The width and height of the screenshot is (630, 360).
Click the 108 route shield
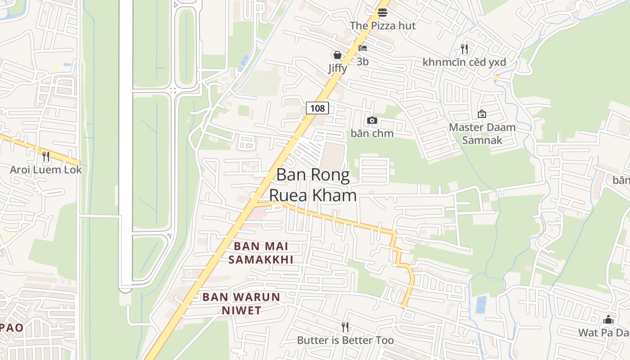point(317,108)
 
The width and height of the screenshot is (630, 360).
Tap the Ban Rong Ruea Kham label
point(313,185)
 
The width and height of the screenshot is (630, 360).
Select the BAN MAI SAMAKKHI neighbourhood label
point(261,253)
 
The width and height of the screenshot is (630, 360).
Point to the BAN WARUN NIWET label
point(241,304)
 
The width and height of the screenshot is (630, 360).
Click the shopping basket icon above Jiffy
point(337,55)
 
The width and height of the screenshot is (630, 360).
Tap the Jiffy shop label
point(337,68)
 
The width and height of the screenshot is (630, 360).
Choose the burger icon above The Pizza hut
point(382,12)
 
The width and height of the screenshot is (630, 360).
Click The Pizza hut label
point(382,26)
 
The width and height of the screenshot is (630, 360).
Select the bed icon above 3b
point(363,48)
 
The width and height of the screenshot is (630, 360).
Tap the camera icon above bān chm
point(372,120)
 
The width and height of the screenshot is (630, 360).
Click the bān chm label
point(372,133)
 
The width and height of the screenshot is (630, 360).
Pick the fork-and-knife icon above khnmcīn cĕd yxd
point(464,49)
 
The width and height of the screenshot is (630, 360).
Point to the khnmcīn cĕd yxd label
point(464,62)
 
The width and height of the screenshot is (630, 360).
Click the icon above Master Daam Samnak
point(482,114)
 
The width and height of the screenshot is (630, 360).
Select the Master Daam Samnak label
point(482,134)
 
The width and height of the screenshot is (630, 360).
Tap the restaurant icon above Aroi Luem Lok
point(46,157)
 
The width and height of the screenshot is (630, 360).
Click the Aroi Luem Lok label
point(46,170)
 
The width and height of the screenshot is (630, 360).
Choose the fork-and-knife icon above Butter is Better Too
point(345,327)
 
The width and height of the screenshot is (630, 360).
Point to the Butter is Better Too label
point(345,340)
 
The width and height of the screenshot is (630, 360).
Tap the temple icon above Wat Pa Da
point(608,319)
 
